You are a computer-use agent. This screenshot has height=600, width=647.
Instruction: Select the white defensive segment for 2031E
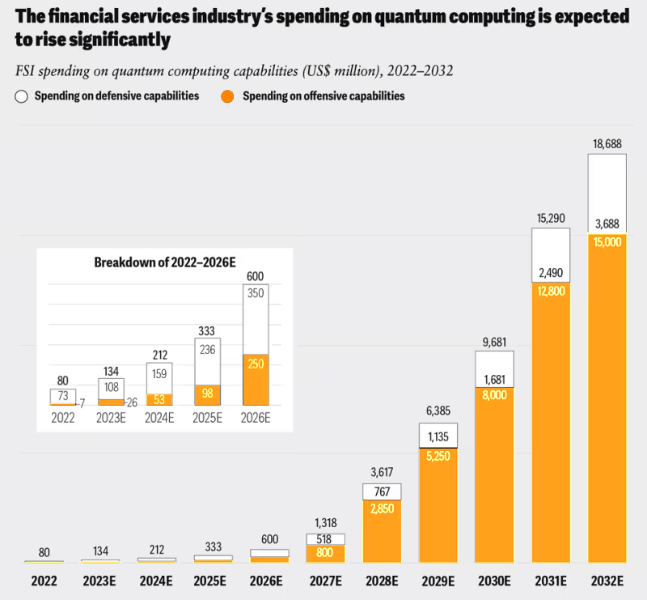click(550, 257)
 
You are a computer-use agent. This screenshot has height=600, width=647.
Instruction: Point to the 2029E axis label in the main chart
click(438, 581)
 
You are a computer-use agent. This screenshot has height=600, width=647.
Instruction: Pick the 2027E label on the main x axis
click(325, 581)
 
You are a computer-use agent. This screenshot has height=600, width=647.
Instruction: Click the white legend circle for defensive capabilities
click(21, 96)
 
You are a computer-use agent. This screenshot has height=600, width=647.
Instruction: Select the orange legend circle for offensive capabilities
click(228, 96)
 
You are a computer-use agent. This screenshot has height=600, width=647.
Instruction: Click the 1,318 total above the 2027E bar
click(325, 524)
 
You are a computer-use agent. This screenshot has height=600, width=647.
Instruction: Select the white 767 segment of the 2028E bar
click(382, 492)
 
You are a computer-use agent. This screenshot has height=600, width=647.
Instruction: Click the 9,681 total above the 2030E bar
click(494, 343)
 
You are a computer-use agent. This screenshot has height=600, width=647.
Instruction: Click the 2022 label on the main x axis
click(44, 581)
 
